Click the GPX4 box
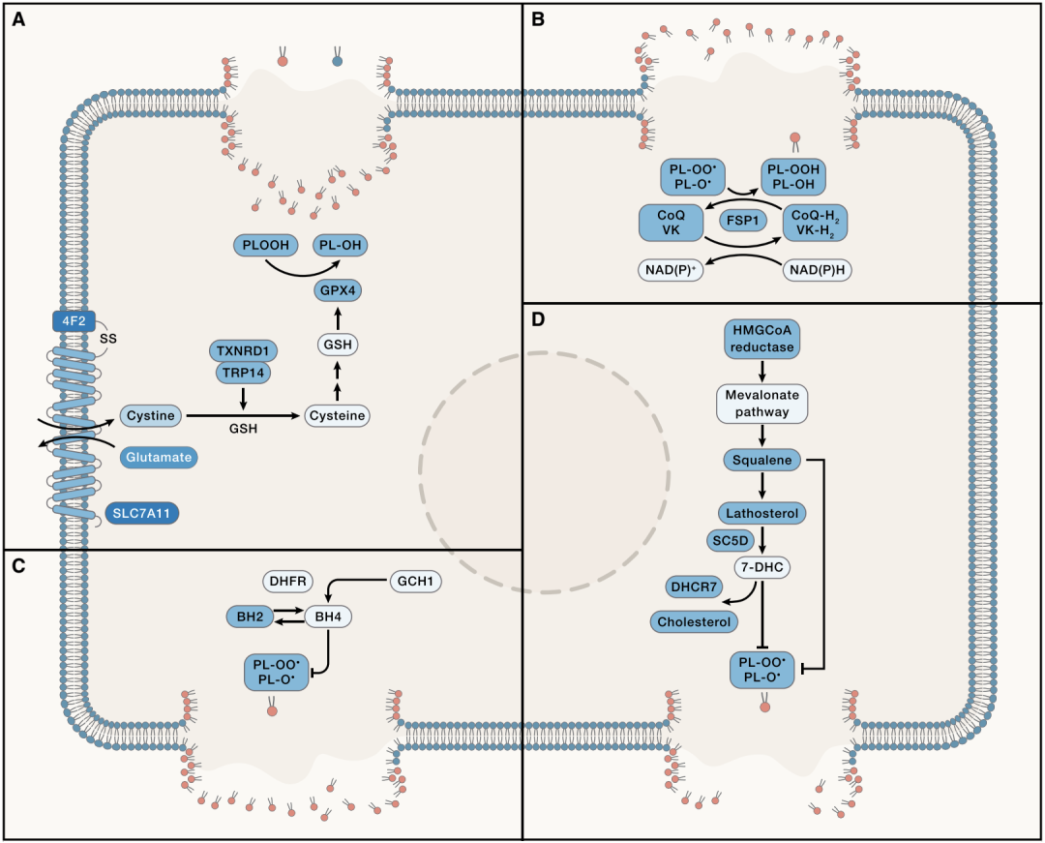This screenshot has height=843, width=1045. click(x=338, y=291)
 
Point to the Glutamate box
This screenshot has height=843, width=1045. click(x=158, y=457)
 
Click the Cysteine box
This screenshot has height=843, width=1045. click(x=338, y=416)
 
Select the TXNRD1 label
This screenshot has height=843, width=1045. click(x=243, y=350)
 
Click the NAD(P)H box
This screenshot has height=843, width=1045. click(x=817, y=269)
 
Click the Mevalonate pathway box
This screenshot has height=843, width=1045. click(x=762, y=404)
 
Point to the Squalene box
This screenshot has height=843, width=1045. click(x=762, y=461)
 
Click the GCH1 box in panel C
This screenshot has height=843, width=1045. click(x=415, y=582)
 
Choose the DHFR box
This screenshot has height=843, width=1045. click(x=288, y=582)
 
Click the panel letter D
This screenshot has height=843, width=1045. click(x=538, y=317)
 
